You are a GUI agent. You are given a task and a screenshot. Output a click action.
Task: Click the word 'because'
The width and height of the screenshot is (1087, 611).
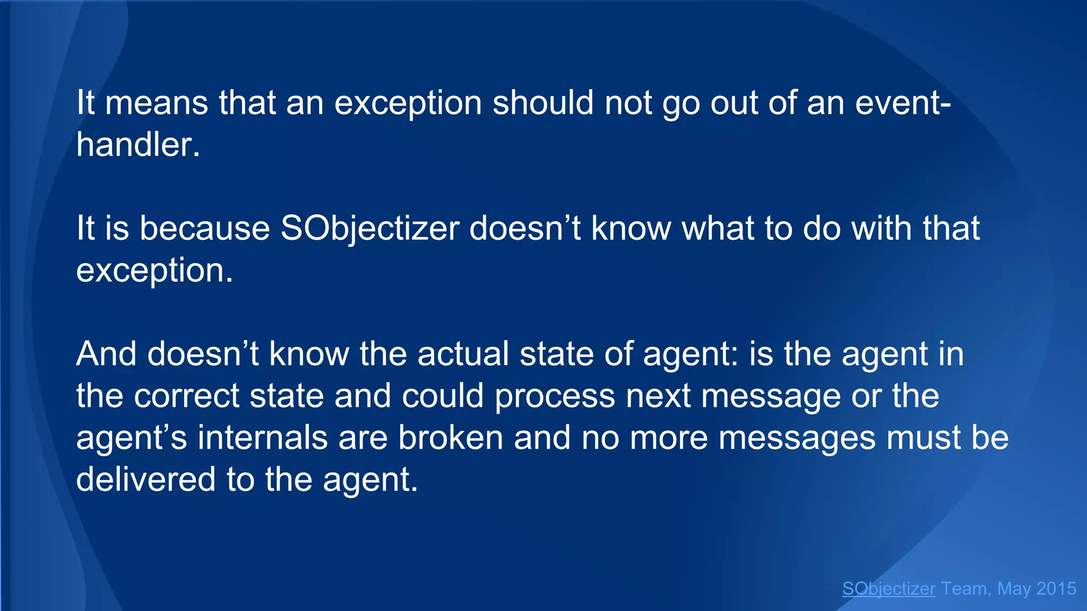tap(205, 229)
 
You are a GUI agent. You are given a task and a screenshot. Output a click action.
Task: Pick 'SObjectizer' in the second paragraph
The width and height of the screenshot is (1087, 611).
tap(369, 229)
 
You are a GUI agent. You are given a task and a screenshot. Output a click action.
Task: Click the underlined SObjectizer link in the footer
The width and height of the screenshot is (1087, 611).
tap(888, 589)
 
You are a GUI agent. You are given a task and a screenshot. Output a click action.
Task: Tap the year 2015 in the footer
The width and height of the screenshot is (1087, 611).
tap(1056, 589)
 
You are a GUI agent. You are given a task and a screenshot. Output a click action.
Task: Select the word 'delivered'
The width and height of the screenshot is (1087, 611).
tap(146, 480)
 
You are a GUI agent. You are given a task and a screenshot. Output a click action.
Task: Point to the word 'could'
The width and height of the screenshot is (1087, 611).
tap(443, 396)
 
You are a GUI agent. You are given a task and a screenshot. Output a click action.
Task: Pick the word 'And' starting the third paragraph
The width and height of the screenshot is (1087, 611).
tap(107, 354)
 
